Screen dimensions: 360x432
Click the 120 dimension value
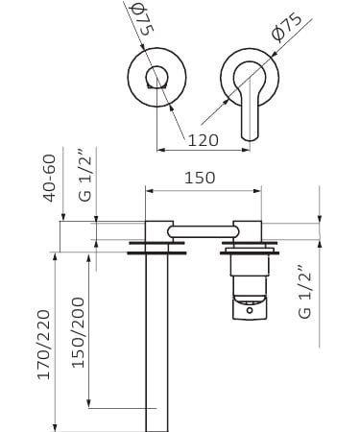pos(203,140)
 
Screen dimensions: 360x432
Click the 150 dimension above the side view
pos(200,178)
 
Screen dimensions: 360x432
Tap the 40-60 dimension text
pos(50,179)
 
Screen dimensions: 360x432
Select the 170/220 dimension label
pos(44,345)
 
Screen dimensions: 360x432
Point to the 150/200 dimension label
pos(78,332)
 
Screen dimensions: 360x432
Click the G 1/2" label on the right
pos(304,292)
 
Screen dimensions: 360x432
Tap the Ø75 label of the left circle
pos(143,19)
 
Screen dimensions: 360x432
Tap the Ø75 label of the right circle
pos(286,27)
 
